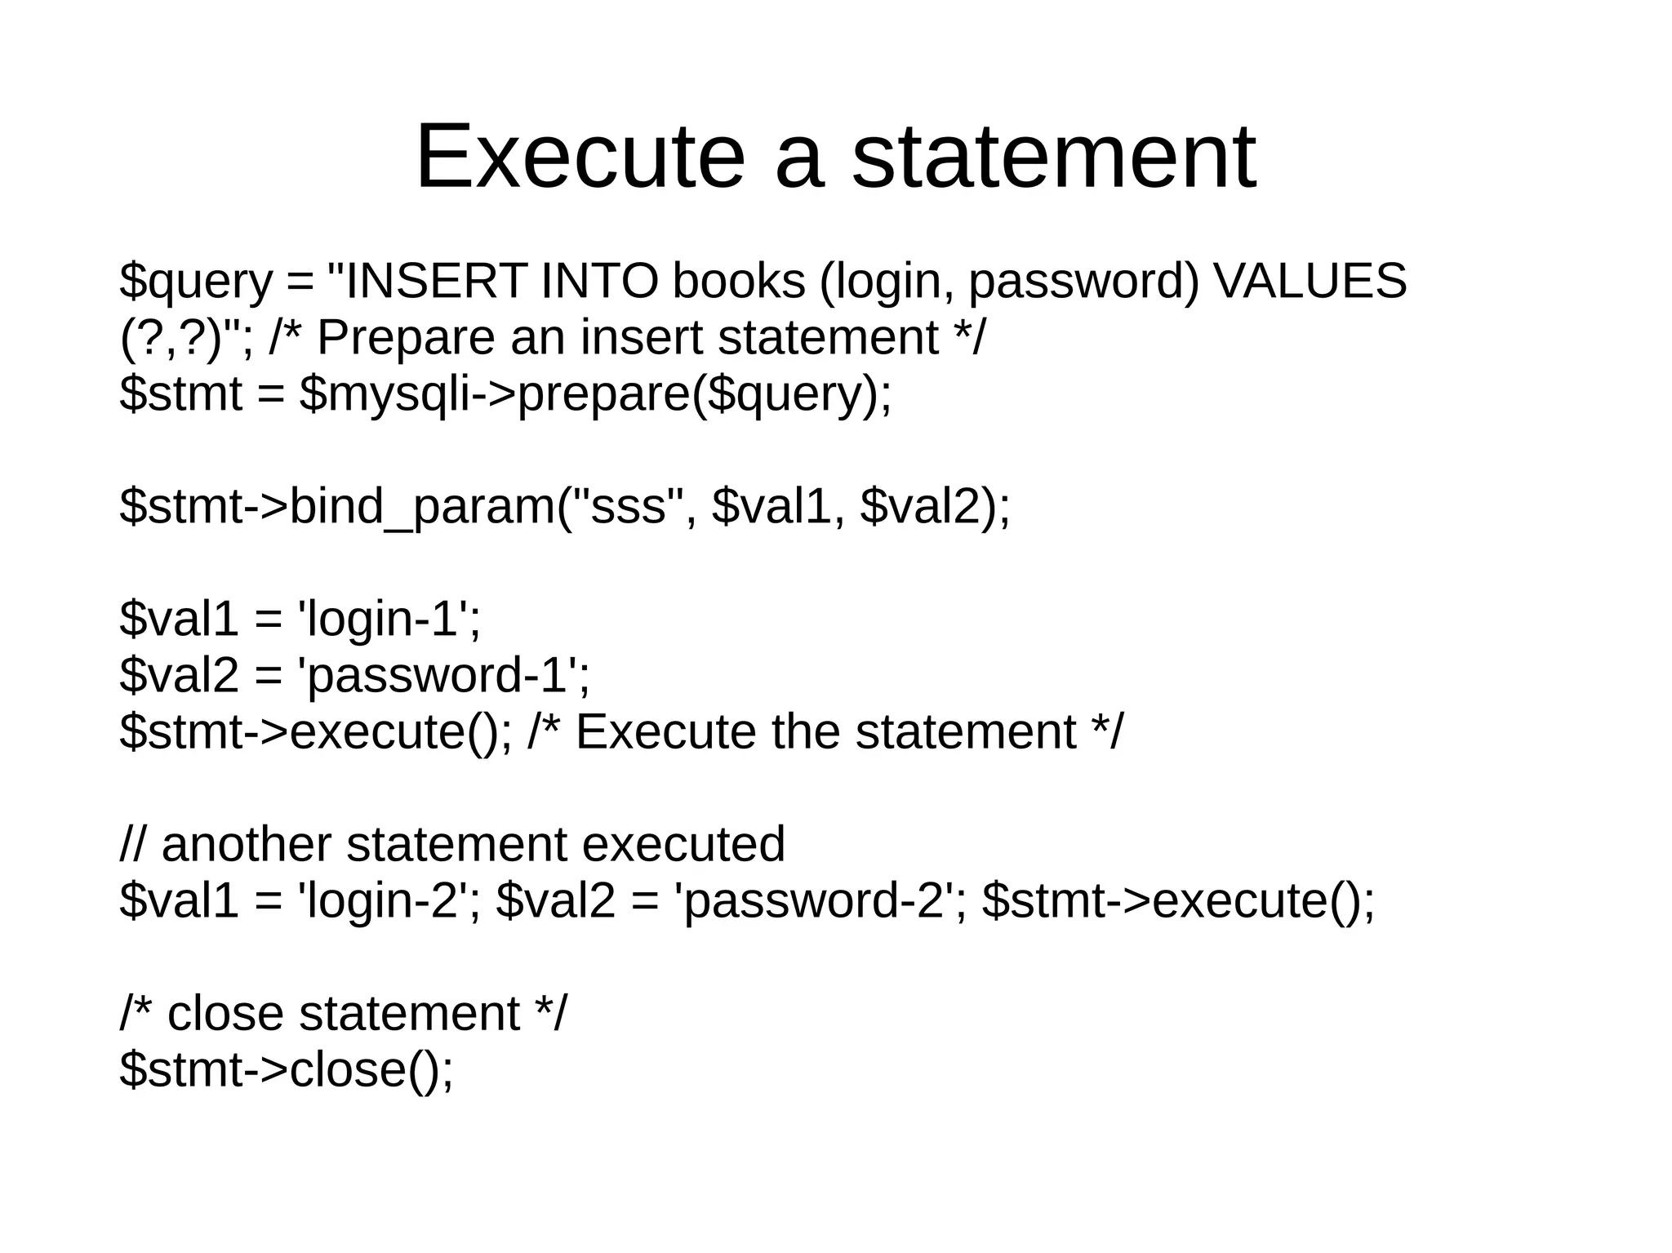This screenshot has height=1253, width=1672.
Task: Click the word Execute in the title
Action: point(580,157)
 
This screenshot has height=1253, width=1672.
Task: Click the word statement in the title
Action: point(1053,157)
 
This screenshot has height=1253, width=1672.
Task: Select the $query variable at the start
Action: point(195,282)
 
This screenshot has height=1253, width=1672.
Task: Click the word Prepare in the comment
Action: point(405,337)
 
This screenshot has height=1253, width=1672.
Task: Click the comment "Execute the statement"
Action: point(825,731)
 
